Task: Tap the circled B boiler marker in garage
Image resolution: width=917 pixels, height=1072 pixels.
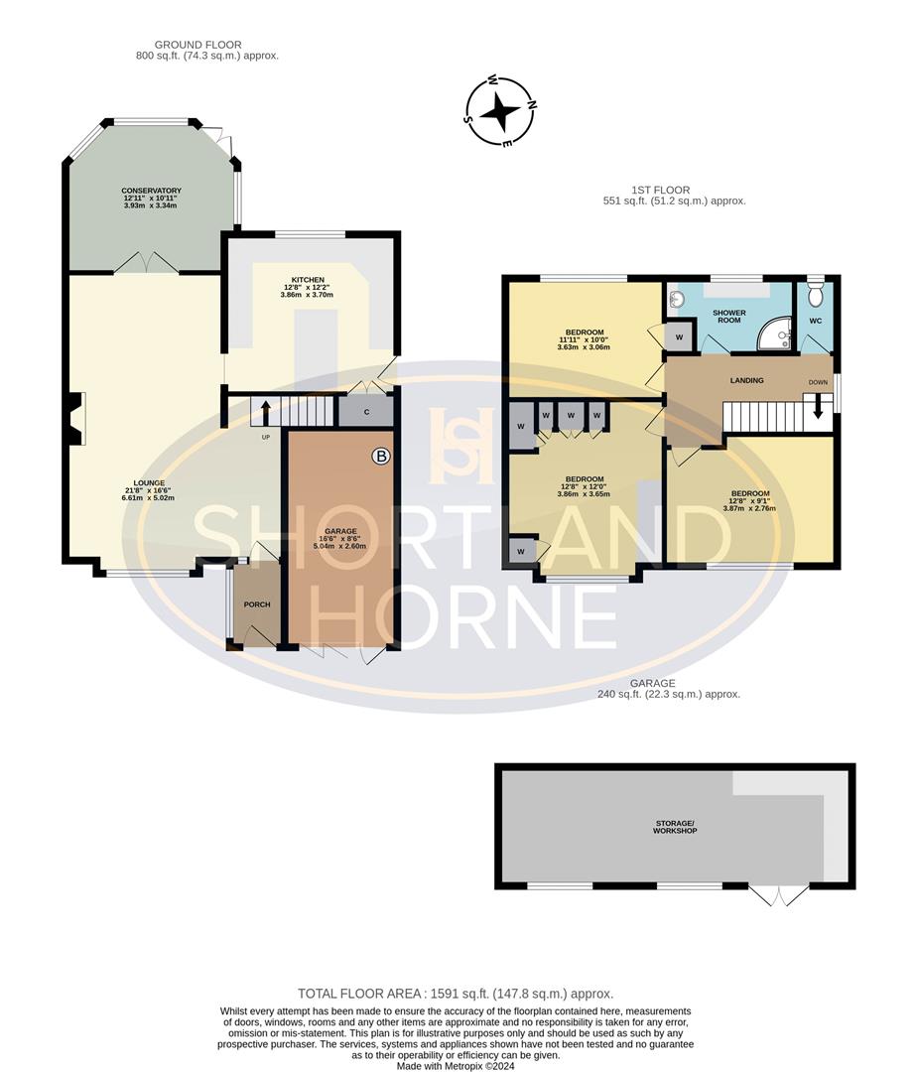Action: click(x=380, y=457)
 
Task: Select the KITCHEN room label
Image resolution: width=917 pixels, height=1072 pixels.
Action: click(x=309, y=280)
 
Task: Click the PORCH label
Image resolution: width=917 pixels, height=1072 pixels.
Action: click(x=257, y=604)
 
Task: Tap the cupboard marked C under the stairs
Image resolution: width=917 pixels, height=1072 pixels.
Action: click(x=366, y=411)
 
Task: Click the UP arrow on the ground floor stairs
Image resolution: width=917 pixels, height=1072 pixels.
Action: click(x=265, y=408)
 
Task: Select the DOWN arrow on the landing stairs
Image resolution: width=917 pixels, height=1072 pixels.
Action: click(x=818, y=406)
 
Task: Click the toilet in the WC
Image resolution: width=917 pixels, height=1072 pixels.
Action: click(x=817, y=294)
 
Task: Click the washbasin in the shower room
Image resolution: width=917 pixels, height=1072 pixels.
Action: click(x=675, y=297)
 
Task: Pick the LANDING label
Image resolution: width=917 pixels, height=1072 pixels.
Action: click(x=746, y=379)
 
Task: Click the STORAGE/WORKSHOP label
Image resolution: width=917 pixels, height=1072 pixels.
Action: click(x=675, y=825)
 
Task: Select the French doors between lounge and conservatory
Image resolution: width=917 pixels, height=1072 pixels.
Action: click(x=145, y=263)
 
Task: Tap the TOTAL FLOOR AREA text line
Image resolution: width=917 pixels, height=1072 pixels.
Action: click(x=456, y=994)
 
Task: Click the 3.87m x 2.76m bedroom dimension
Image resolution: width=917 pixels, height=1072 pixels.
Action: click(x=749, y=508)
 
